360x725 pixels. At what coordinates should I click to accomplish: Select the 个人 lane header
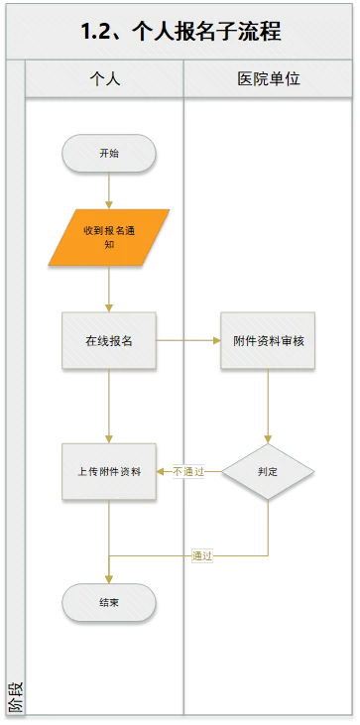[104, 78]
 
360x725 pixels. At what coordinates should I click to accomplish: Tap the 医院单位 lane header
[267, 78]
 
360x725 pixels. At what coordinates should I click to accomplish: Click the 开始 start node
[109, 154]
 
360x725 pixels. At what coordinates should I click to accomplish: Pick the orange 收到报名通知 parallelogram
[109, 237]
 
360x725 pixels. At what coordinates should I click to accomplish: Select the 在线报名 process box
[109, 340]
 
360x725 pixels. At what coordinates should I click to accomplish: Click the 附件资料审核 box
[268, 340]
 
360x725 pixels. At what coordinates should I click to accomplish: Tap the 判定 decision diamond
[268, 472]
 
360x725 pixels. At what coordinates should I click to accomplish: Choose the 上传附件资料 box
[109, 472]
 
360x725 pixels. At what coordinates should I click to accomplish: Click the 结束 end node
[109, 602]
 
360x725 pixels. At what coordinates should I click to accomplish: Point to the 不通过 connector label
[187, 472]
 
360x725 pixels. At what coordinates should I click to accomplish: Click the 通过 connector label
[202, 555]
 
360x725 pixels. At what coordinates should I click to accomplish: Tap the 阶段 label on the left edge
[14, 697]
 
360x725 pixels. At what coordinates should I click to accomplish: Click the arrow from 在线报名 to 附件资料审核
[188, 340]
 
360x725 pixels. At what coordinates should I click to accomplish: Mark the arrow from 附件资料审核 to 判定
[268, 407]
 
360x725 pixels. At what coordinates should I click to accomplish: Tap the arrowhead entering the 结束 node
[109, 579]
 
